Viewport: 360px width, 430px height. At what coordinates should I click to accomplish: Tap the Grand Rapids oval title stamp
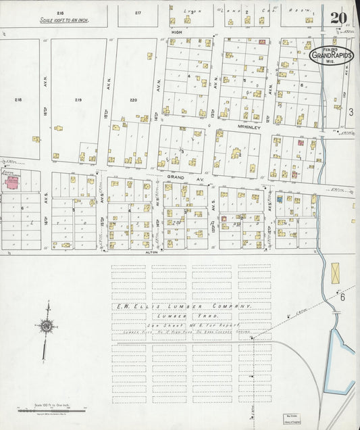point(332,55)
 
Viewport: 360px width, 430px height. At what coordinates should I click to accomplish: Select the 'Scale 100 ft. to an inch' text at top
point(63,21)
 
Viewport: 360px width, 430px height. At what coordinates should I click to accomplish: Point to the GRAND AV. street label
point(176,176)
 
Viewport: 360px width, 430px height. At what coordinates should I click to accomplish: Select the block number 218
point(18,99)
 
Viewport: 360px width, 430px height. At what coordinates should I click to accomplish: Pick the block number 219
point(78,99)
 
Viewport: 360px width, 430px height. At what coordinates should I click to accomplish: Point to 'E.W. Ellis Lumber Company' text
point(182,306)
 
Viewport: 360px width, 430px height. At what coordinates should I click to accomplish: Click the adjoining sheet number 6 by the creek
point(342,297)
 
